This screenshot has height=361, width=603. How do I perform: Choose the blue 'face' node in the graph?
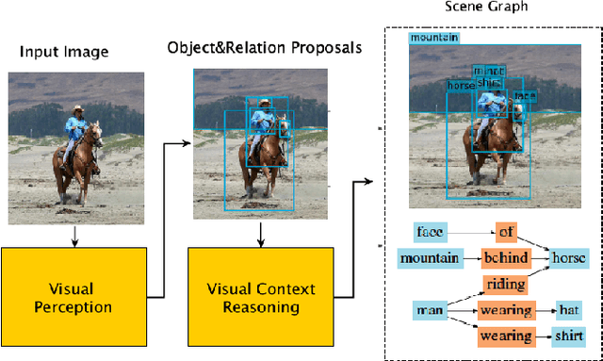(x=430, y=230)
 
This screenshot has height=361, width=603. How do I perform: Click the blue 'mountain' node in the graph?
(x=429, y=257)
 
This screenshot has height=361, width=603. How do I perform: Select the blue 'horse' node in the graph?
(x=568, y=257)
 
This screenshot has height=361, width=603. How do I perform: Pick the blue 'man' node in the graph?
(x=429, y=309)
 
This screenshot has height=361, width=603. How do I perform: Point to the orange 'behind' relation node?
(x=507, y=257)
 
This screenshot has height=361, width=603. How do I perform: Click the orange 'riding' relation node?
(x=505, y=283)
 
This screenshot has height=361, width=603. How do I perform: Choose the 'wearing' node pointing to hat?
(x=507, y=309)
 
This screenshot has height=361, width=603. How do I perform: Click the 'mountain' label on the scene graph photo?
(x=434, y=38)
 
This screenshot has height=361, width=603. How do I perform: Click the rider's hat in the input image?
(x=78, y=109)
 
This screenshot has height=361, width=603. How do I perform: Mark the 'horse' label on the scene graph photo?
(x=461, y=86)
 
